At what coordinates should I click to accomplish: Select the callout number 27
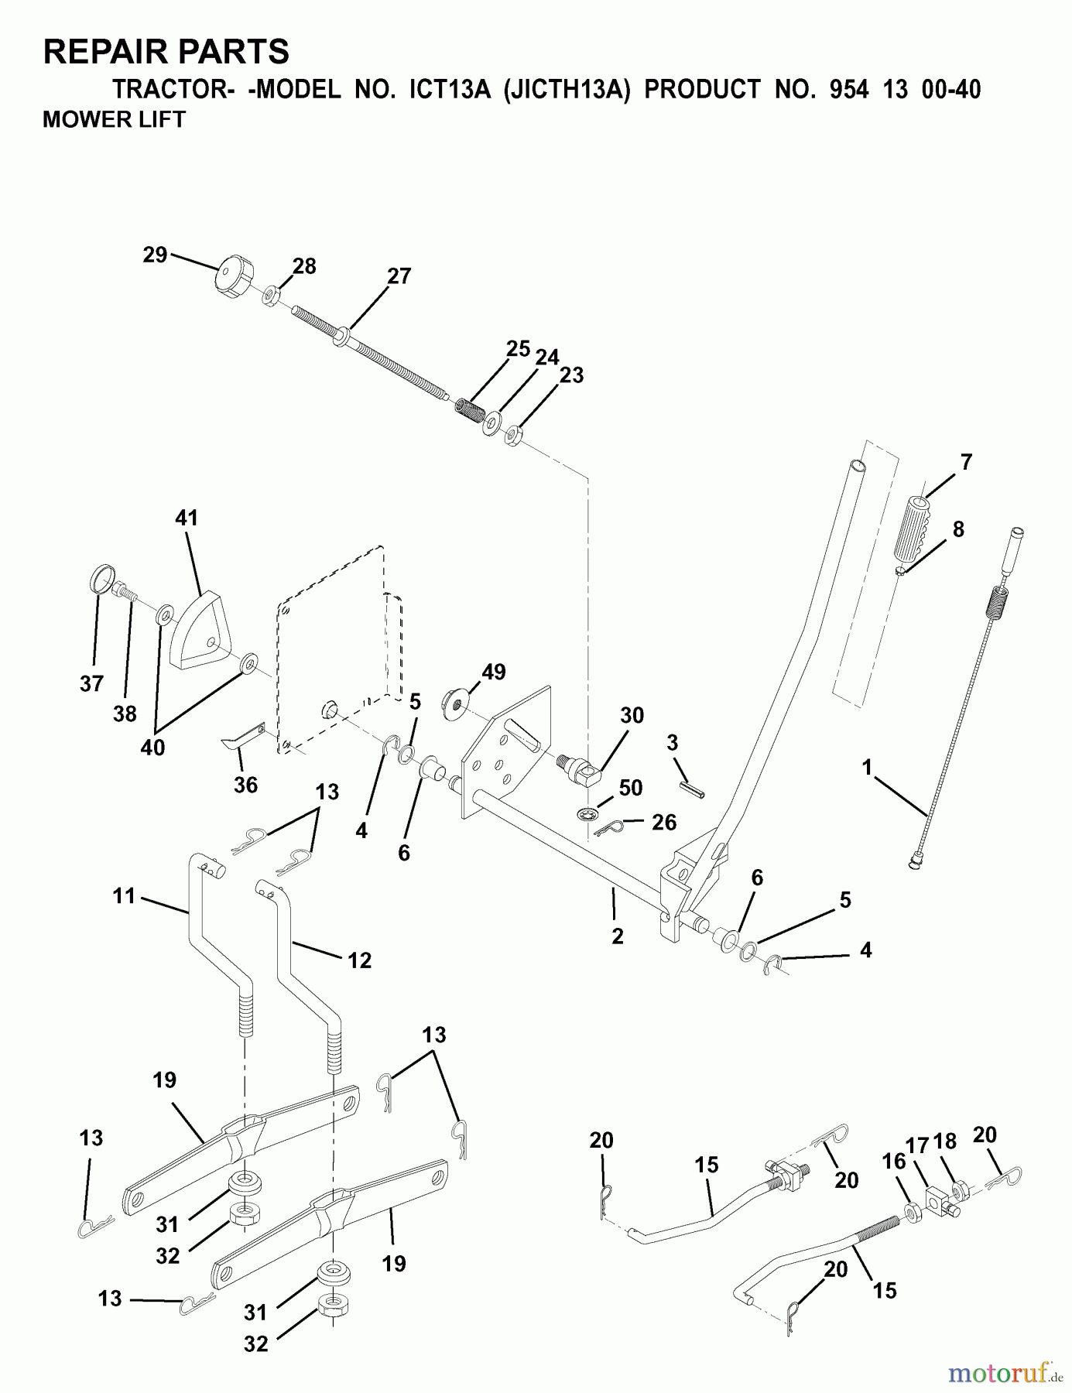pos(399,276)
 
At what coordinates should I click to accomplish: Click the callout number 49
pos(493,672)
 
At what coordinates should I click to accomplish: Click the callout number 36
pos(245,785)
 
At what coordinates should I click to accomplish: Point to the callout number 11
pos(124,896)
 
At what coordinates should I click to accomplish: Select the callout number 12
pos(360,960)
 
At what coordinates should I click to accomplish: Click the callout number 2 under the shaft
pos(617,936)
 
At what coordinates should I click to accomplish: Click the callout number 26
pos(663,822)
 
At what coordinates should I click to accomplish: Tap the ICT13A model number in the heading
pos(444,90)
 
